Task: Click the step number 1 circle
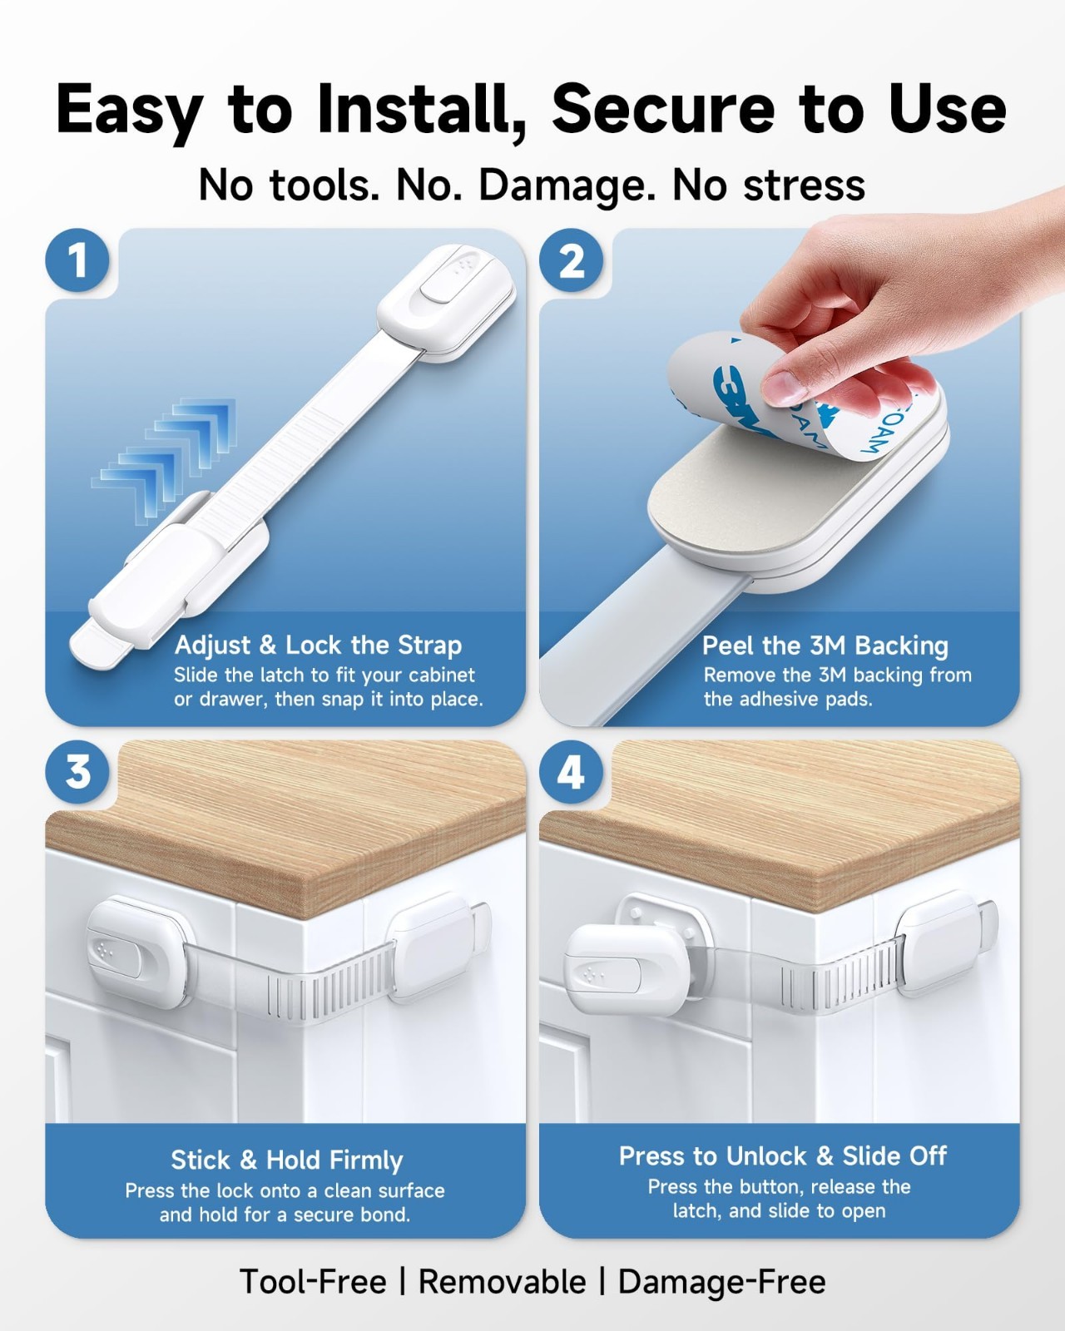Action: (77, 260)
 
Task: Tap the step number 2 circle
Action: (571, 260)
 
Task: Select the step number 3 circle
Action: (77, 772)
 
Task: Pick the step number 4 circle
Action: (571, 772)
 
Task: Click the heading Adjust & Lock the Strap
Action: (318, 645)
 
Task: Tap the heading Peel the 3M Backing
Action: (825, 646)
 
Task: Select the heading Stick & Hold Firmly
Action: (286, 1160)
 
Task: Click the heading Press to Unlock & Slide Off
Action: (783, 1156)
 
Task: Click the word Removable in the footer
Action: (502, 1281)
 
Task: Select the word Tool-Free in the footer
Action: (313, 1281)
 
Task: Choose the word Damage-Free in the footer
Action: (721, 1281)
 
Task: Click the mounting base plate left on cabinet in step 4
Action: (662, 928)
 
